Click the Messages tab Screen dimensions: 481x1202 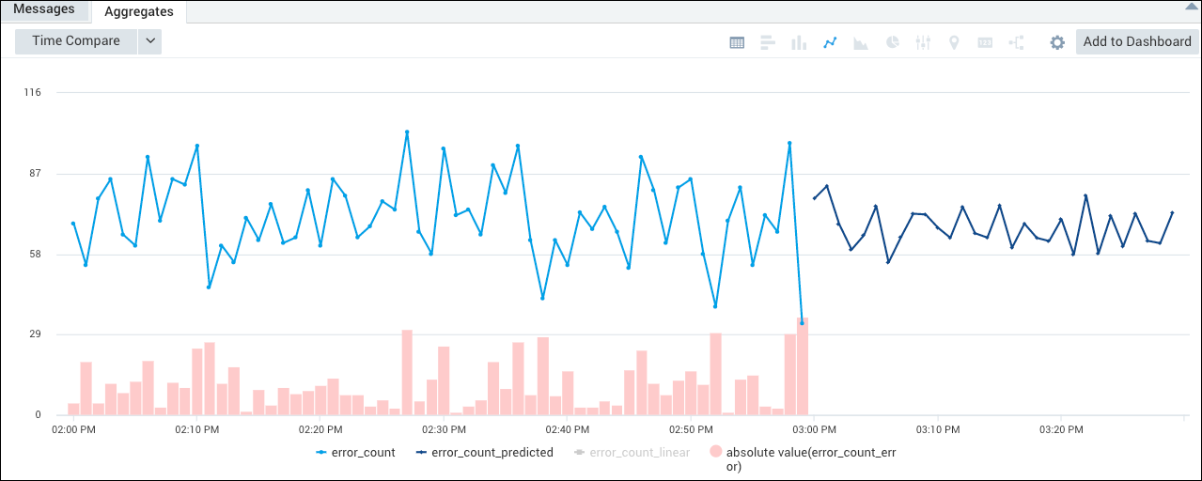pos(43,9)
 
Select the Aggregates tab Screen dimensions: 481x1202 pos(139,11)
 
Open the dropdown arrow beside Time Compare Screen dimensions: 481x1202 pos(150,41)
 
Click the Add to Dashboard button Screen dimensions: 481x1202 pos(1137,41)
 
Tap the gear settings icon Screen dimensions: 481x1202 pos(1057,42)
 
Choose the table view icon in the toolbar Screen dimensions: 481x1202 pos(738,42)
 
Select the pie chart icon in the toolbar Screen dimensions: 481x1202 pos(892,42)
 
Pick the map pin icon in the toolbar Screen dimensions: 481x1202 pos(954,42)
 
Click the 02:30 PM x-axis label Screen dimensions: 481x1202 pos(444,430)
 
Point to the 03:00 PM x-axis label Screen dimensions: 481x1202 pos(814,430)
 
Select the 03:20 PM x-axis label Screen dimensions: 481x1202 pos(1060,430)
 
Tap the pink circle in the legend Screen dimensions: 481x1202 pos(715,453)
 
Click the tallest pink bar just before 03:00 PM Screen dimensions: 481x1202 pos(802,366)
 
